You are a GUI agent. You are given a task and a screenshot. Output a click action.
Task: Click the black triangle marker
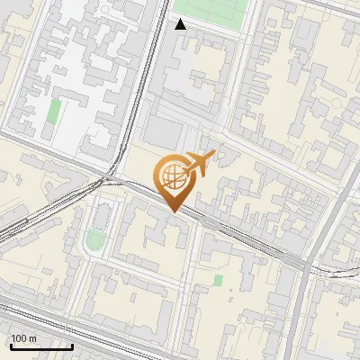click(181, 24)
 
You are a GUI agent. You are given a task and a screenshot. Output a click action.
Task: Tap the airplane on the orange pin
click(199, 163)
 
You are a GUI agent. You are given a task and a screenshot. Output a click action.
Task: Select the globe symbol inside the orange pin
click(173, 175)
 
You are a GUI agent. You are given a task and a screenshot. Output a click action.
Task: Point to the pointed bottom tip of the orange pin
click(173, 211)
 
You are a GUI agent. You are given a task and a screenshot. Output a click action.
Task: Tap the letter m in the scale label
click(32, 338)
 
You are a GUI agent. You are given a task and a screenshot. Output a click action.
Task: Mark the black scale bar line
click(40, 346)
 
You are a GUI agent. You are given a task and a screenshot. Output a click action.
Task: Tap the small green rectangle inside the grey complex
click(55, 112)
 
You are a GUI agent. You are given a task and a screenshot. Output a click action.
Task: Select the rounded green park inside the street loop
click(94, 240)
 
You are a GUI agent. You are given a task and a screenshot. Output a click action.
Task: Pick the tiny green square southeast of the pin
click(218, 280)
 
